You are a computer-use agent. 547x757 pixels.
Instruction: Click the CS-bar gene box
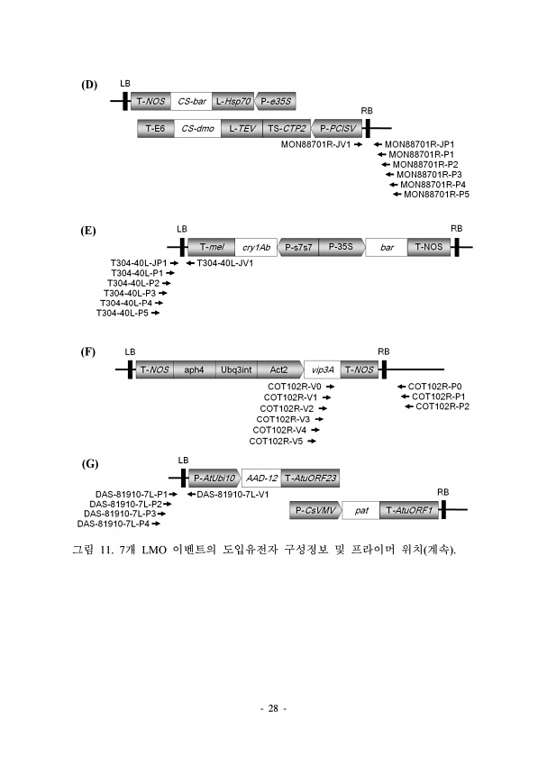click(192, 101)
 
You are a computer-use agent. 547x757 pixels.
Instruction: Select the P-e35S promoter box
click(275, 101)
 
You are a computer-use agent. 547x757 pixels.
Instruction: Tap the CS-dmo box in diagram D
click(197, 128)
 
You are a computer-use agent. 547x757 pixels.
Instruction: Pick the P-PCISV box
click(337, 128)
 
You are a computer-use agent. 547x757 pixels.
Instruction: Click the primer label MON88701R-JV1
click(315, 144)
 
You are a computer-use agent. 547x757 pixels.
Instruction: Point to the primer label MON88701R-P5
click(436, 195)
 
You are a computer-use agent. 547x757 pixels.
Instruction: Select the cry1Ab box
click(256, 247)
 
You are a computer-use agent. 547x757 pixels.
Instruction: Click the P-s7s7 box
click(298, 247)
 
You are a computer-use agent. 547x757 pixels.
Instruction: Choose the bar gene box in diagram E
click(387, 247)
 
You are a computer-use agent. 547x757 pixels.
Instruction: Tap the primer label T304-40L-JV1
click(225, 263)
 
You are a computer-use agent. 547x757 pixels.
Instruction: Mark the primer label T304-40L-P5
click(123, 314)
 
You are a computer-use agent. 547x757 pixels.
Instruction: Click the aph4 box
click(194, 369)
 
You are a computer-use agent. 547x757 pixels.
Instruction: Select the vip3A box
click(322, 369)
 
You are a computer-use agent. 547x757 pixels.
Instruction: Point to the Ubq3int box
click(236, 369)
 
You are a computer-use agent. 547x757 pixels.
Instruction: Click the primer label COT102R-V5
click(276, 442)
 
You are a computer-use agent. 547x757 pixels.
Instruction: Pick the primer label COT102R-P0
click(434, 387)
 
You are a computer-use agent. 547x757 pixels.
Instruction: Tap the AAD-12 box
click(261, 478)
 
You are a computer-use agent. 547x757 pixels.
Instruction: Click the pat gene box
click(361, 510)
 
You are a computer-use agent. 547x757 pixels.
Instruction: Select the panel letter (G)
click(90, 464)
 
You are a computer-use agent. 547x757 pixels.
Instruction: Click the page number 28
click(273, 708)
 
